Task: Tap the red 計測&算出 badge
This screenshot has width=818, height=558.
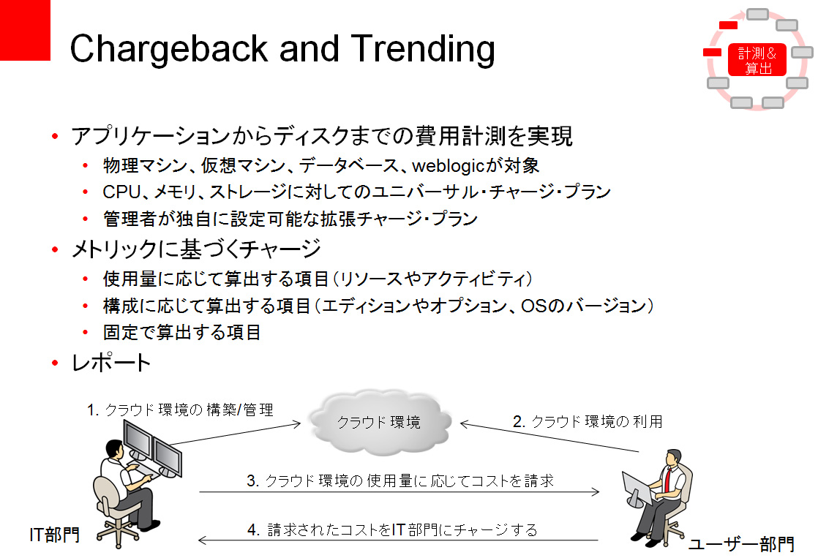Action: (x=757, y=60)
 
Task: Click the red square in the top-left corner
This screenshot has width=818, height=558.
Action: (x=25, y=30)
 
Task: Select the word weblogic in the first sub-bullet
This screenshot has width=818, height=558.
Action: (x=448, y=166)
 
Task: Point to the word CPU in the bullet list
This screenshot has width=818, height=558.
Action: (x=121, y=192)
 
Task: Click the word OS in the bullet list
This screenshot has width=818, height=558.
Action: (x=533, y=306)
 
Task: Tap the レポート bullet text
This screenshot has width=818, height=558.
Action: (x=111, y=363)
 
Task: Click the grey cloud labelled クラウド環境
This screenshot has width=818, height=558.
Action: (x=380, y=422)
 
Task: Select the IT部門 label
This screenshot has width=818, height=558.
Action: (x=55, y=535)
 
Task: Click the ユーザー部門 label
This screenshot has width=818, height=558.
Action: (x=741, y=544)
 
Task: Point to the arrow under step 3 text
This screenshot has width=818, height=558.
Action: (x=399, y=491)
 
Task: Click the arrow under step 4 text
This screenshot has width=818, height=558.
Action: (x=398, y=540)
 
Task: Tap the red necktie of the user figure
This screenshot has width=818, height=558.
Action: (x=667, y=479)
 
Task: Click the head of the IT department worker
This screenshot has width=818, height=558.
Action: (x=114, y=448)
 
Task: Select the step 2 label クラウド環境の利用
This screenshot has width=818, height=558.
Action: (x=588, y=421)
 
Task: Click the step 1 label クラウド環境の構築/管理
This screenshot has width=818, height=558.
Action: (x=180, y=410)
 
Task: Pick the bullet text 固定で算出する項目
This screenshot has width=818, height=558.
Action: (x=181, y=332)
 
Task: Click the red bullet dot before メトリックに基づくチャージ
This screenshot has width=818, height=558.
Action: (x=55, y=250)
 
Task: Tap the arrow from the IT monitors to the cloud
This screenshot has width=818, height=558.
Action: (x=236, y=434)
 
